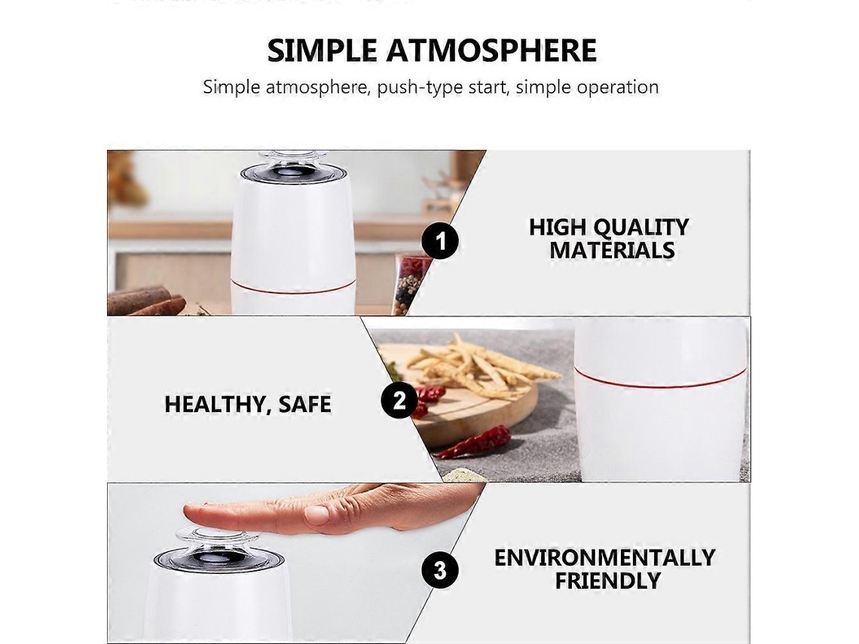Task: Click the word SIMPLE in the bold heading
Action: pos(323,50)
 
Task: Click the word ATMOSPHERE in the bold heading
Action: pos(491,50)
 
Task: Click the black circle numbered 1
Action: pos(441,241)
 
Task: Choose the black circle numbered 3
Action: pos(441,570)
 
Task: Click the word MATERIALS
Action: pos(612,250)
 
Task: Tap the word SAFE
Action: pos(304,404)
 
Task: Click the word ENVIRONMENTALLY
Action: pos(605,557)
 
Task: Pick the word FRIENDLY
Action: pos(607,581)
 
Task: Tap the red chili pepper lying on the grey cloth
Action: pos(475,442)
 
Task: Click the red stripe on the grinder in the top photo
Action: pos(293,287)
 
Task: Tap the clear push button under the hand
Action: pos(218,539)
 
